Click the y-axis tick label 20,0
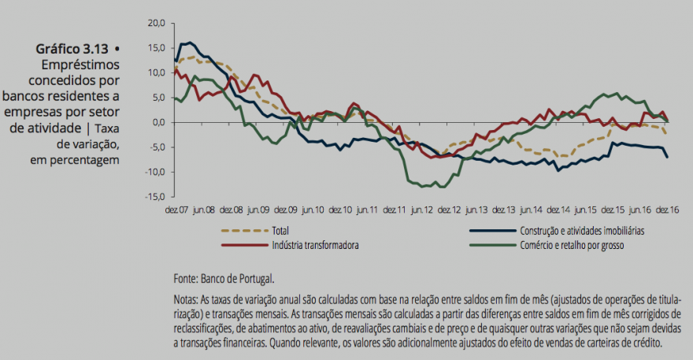(155, 23)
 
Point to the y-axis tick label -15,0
(154, 197)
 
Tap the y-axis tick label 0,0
(157, 122)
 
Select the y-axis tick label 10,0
(155, 72)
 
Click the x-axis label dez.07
(176, 210)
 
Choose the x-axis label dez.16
(667, 210)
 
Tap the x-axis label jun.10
(313, 210)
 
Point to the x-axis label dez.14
(558, 210)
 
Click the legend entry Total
(279, 231)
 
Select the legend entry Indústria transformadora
(314, 245)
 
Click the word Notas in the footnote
(187, 300)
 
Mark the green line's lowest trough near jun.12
(441, 187)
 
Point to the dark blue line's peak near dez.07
(190, 43)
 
